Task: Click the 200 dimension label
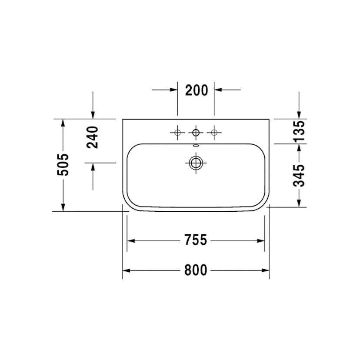197,90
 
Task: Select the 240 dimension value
93,137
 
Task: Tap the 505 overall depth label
63,165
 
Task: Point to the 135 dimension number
299,130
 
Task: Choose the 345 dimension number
299,176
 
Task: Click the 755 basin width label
196,240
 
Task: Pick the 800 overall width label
196,270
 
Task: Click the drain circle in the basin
196,163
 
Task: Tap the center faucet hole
196,133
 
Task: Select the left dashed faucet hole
177,133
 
